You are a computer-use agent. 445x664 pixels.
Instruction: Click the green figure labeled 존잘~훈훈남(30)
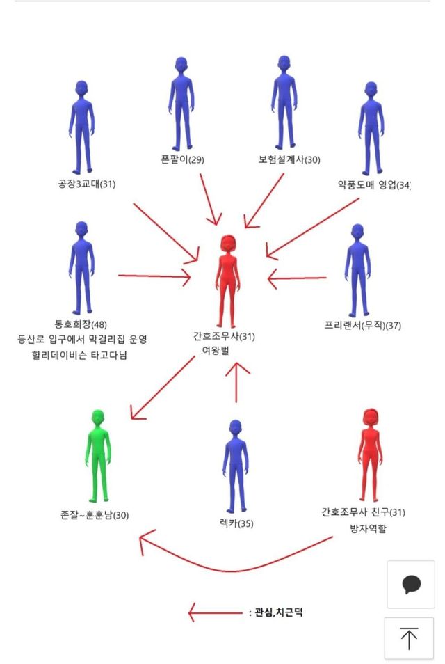98,456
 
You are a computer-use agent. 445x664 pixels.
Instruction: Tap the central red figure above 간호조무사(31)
227,280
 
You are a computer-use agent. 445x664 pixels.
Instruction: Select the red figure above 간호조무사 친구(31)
370,455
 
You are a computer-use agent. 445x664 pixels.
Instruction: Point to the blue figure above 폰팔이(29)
181,104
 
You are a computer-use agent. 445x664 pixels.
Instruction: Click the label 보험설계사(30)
289,159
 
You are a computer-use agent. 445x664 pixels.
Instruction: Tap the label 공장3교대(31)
87,184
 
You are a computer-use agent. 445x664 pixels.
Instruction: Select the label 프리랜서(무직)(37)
362,325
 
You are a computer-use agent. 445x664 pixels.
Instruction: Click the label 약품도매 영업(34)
374,184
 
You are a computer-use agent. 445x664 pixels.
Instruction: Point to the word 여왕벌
216,351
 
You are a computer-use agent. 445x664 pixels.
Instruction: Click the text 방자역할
368,528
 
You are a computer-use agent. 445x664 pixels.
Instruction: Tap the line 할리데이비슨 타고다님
79,355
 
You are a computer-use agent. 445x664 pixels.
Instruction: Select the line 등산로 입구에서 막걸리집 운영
82,339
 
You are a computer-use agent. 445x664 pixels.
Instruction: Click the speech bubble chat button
411,585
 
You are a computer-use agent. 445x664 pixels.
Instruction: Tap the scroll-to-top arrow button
409,638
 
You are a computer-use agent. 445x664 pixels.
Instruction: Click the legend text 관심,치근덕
278,612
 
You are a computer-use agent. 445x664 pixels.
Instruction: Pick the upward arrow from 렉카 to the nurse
236,382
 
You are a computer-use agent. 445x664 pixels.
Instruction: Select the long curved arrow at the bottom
236,551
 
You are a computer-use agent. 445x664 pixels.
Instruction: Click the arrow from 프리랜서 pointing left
297,278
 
